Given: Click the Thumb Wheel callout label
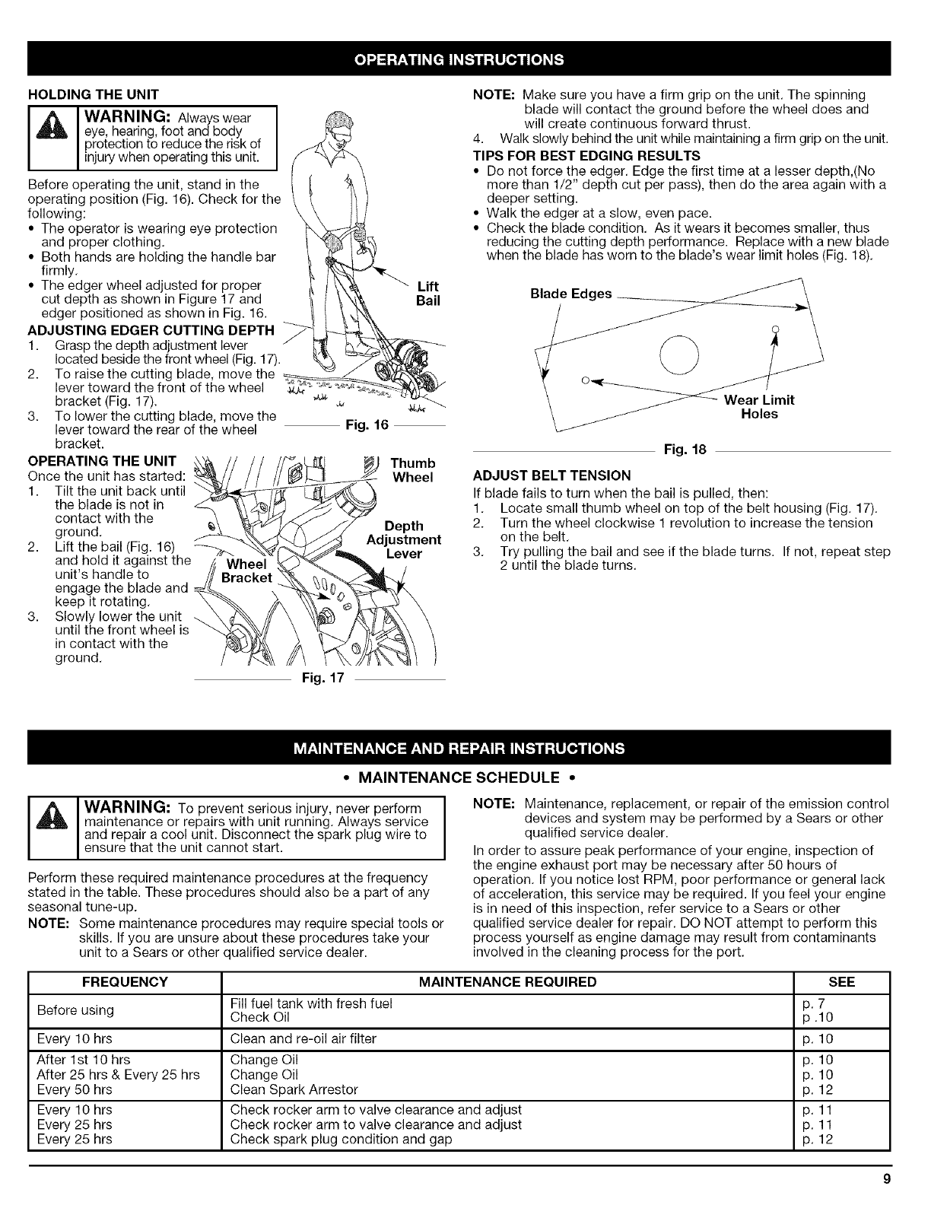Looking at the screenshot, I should [x=412, y=470].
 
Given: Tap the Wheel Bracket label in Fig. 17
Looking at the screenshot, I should [x=247, y=571].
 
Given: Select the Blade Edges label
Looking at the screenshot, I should [x=571, y=294].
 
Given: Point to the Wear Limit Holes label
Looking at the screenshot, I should [x=759, y=407].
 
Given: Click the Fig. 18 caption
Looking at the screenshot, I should [x=685, y=450].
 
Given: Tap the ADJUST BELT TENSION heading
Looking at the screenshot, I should [x=551, y=475].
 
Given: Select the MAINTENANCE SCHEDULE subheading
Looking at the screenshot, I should [x=465, y=777].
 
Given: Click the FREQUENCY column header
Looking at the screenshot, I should [x=124, y=982].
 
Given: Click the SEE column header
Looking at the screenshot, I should [x=840, y=982].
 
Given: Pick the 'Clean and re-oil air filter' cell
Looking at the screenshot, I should [x=303, y=1038].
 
